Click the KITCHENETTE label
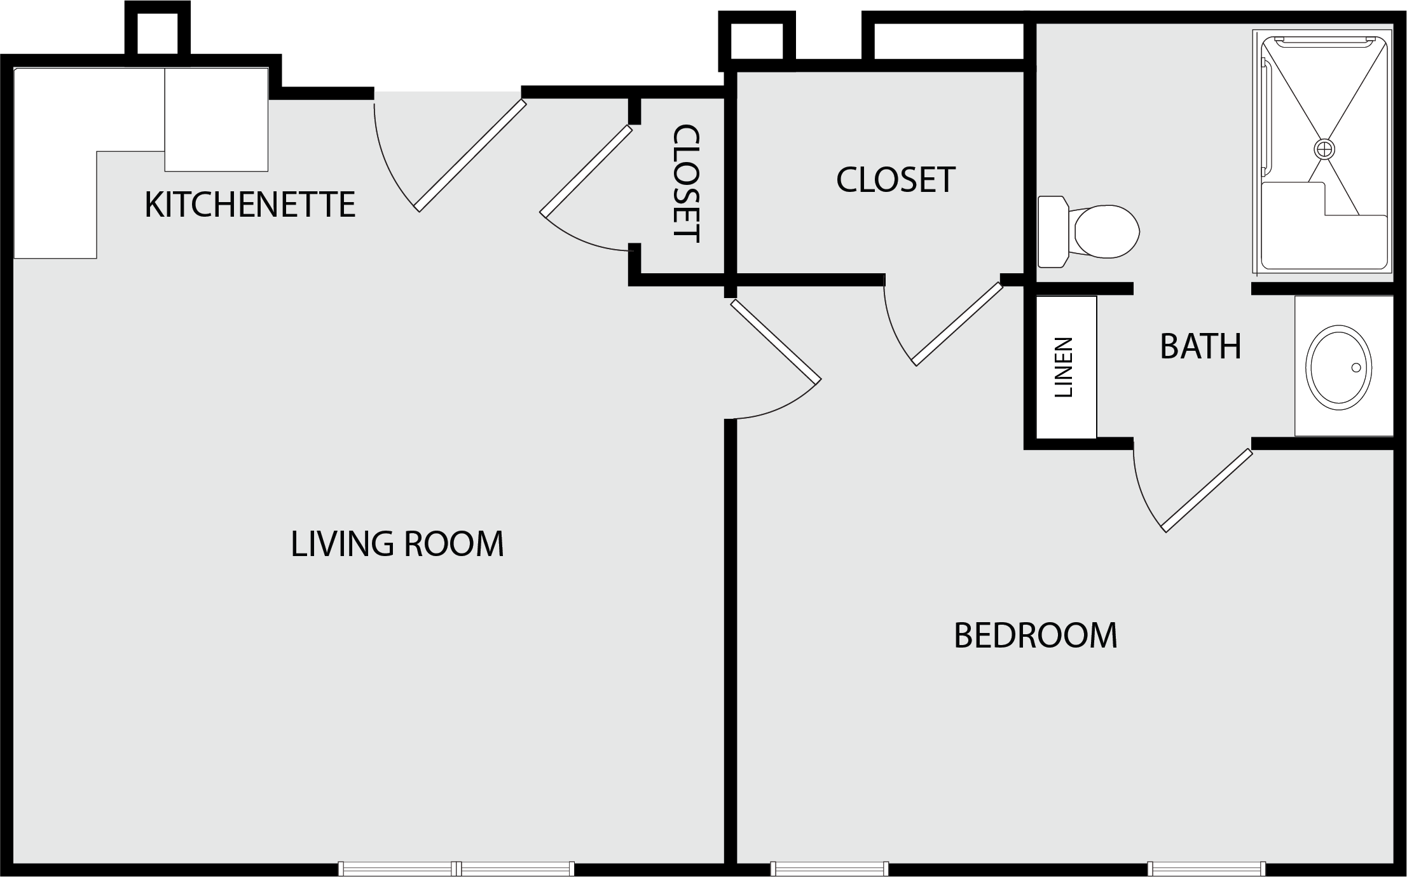(x=250, y=205)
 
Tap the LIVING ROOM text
(x=397, y=544)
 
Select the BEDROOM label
(x=1036, y=636)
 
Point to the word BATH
(x=1200, y=346)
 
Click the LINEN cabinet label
(x=1064, y=367)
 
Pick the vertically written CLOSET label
(x=687, y=183)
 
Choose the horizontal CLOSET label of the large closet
(x=895, y=179)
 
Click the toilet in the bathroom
(x=1088, y=231)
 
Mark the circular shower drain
(x=1324, y=149)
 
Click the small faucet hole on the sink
(x=1356, y=367)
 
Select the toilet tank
(x=1053, y=231)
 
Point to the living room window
(x=456, y=869)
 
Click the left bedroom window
(x=829, y=869)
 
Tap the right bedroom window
(x=1206, y=869)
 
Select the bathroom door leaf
(x=1207, y=490)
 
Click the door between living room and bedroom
(x=776, y=342)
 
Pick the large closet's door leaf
(x=957, y=324)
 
